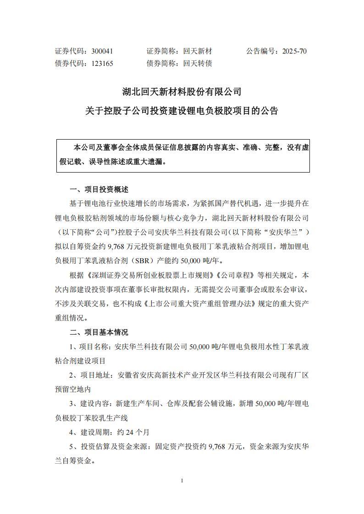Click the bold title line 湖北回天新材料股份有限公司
pyautogui.click(x=182, y=92)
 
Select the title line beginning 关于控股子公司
pyautogui.click(x=182, y=111)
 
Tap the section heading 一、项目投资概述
pyautogui.click(x=99, y=189)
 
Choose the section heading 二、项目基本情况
pyautogui.click(x=99, y=332)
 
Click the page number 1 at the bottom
pyautogui.click(x=182, y=480)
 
